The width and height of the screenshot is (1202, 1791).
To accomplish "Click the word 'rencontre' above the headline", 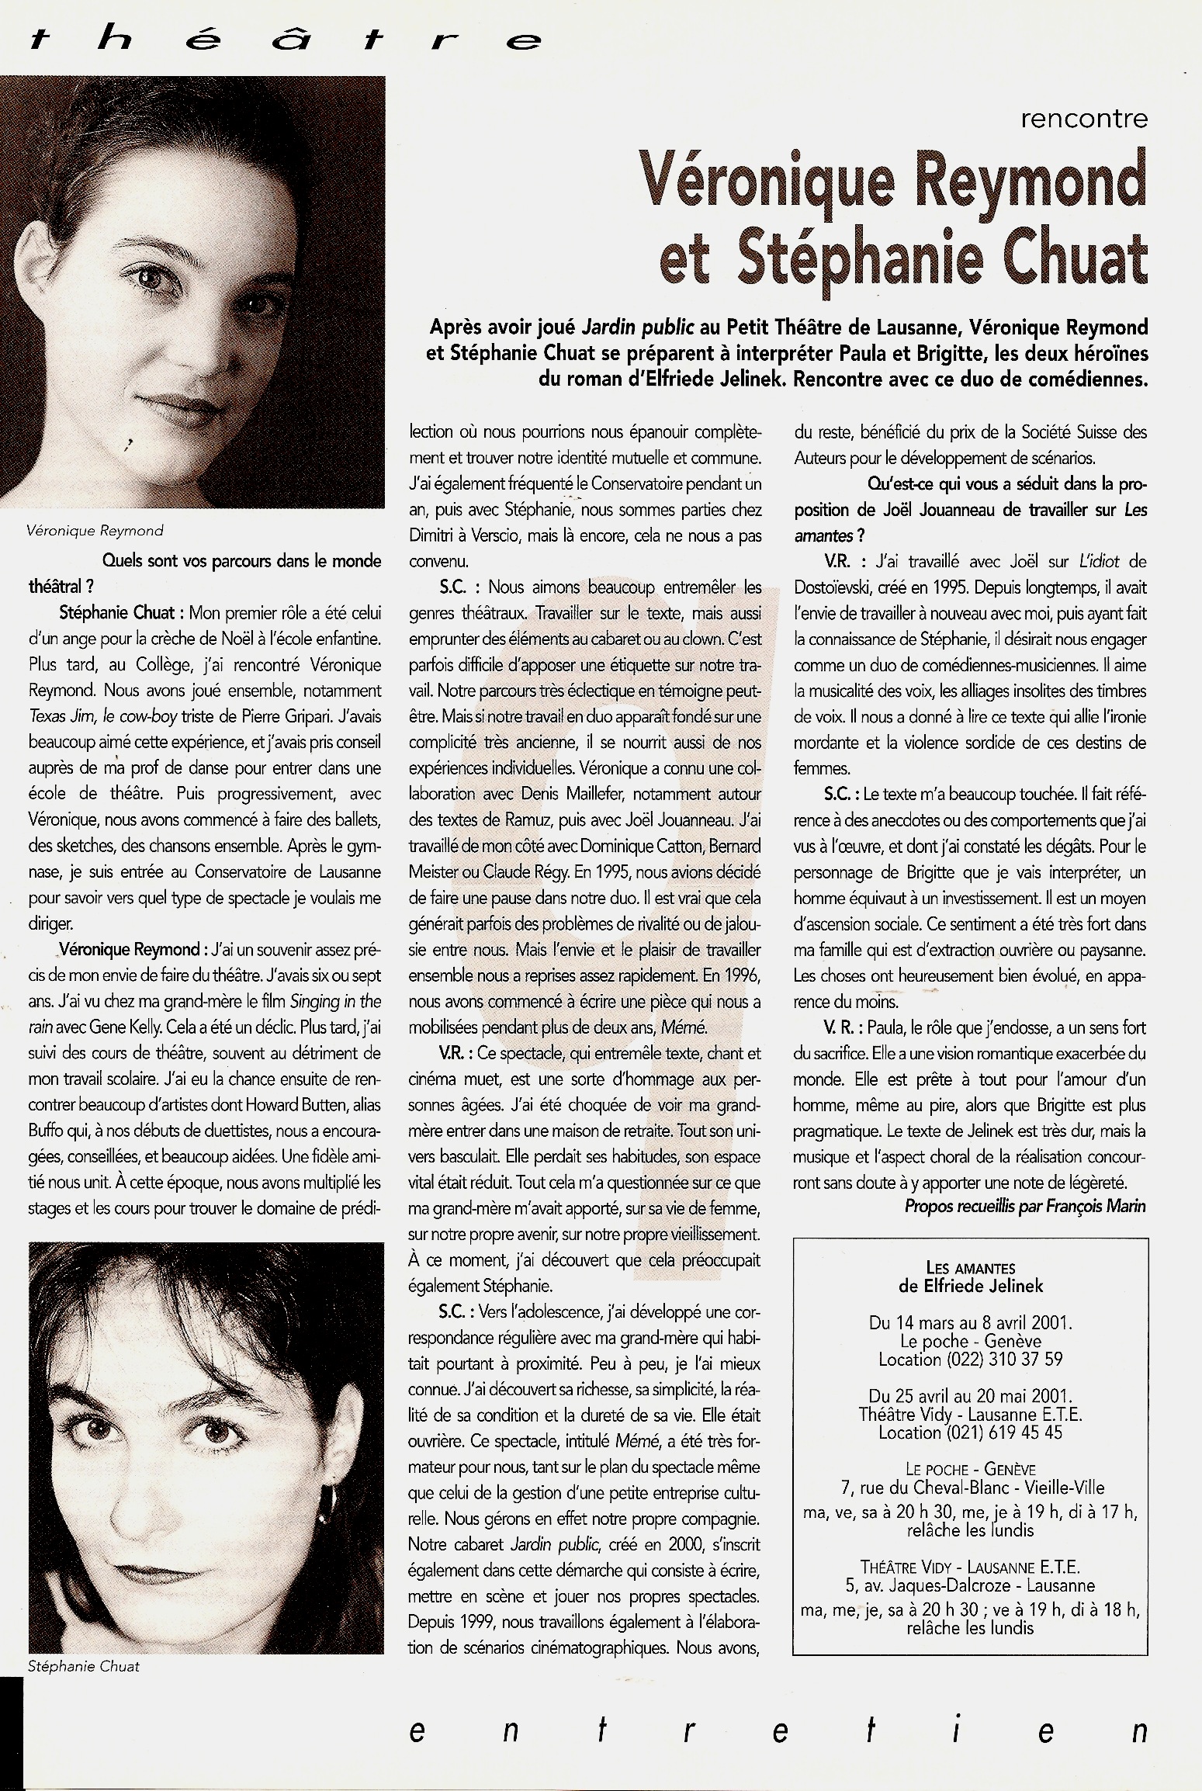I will pyautogui.click(x=1083, y=120).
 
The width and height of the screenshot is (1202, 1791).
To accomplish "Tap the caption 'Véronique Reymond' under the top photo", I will pyautogui.click(x=95, y=531).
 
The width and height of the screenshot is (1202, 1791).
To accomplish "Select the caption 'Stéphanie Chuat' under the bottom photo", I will pyautogui.click(x=84, y=1666).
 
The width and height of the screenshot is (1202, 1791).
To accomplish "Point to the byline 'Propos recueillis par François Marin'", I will pyautogui.click(x=1024, y=1206).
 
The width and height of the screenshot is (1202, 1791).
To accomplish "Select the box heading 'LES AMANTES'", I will pyautogui.click(x=971, y=1268).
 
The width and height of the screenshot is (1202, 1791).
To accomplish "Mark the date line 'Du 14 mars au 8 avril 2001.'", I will pyautogui.click(x=970, y=1322).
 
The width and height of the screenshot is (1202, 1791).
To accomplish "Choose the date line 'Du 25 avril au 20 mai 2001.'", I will pyautogui.click(x=970, y=1395).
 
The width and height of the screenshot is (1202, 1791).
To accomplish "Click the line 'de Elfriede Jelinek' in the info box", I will pyautogui.click(x=971, y=1286).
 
